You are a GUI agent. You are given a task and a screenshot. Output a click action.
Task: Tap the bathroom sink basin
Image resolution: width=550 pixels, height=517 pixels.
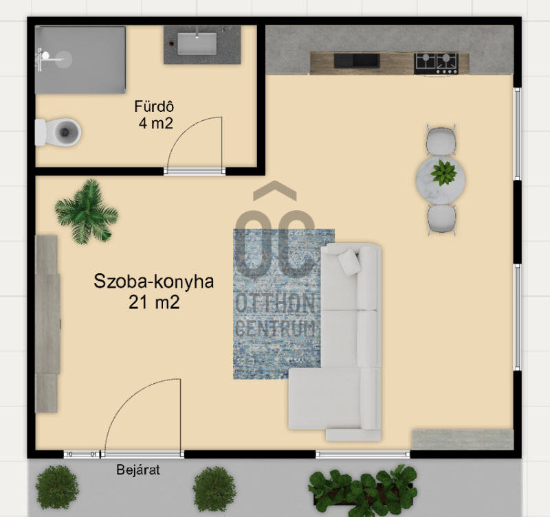[x=197, y=43]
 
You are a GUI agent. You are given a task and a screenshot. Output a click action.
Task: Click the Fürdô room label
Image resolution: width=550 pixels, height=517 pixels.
[x=154, y=106]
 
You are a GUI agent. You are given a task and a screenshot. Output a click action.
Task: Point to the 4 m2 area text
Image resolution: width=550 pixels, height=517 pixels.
[x=156, y=124]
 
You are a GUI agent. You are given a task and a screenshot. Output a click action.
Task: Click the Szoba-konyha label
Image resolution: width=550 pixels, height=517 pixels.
[x=153, y=282]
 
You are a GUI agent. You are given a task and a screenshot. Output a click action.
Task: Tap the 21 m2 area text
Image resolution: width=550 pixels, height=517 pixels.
[x=154, y=302]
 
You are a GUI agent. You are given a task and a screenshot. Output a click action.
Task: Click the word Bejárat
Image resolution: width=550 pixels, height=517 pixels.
[x=138, y=470]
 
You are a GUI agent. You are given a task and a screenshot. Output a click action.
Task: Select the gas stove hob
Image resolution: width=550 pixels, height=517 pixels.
[x=437, y=63]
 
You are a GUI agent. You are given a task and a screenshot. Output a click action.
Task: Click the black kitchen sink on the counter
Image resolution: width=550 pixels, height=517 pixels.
[x=357, y=60]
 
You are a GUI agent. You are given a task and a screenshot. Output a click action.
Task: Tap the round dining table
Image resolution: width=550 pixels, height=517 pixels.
[x=441, y=180]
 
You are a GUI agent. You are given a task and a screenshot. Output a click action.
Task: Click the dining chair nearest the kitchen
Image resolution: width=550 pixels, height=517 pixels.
[x=441, y=141]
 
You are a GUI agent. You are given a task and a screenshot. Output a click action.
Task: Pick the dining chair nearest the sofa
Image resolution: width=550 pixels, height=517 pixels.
[x=441, y=219]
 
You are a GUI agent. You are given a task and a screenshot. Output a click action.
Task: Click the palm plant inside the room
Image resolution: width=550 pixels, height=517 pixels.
[x=87, y=212]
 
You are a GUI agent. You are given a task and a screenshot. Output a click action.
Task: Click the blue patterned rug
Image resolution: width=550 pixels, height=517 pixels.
[x=277, y=304]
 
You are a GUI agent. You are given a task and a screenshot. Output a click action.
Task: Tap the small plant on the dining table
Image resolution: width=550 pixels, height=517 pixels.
[x=443, y=173]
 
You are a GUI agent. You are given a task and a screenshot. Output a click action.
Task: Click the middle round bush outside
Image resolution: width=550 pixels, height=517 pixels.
[x=214, y=489]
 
